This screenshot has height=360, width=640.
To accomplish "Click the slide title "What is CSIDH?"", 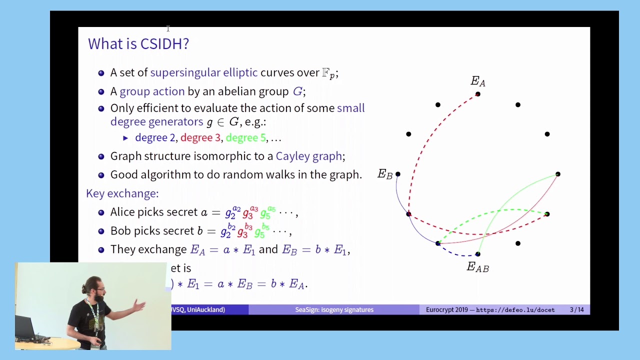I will (x=138, y=44).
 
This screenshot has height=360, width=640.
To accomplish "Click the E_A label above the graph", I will (x=478, y=81).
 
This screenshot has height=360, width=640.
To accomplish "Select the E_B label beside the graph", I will (x=384, y=174).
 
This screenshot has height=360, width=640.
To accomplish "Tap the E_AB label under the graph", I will (x=477, y=267).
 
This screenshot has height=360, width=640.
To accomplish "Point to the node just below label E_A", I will (x=478, y=94).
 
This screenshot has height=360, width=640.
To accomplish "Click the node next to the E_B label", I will (x=398, y=174).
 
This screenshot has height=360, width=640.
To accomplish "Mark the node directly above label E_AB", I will (x=478, y=254).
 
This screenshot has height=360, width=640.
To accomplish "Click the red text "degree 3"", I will (x=200, y=137).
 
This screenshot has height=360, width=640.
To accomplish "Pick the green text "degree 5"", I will (x=245, y=137).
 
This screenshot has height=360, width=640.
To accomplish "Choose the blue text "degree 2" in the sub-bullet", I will (x=155, y=137).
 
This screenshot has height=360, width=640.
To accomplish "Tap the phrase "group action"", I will (x=152, y=91).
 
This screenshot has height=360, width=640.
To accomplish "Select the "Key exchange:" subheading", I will (x=122, y=193).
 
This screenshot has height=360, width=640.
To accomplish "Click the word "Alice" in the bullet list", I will (x=123, y=212).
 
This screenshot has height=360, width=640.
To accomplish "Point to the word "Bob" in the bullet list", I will (x=120, y=231).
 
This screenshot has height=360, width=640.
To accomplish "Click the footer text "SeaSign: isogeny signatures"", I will (x=334, y=310).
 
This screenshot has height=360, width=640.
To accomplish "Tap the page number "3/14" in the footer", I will (x=576, y=310).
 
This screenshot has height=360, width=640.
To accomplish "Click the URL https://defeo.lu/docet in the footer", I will (x=515, y=310).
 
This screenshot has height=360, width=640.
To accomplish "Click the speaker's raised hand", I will (x=139, y=306).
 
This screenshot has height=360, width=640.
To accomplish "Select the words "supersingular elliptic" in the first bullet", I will (x=204, y=72).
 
